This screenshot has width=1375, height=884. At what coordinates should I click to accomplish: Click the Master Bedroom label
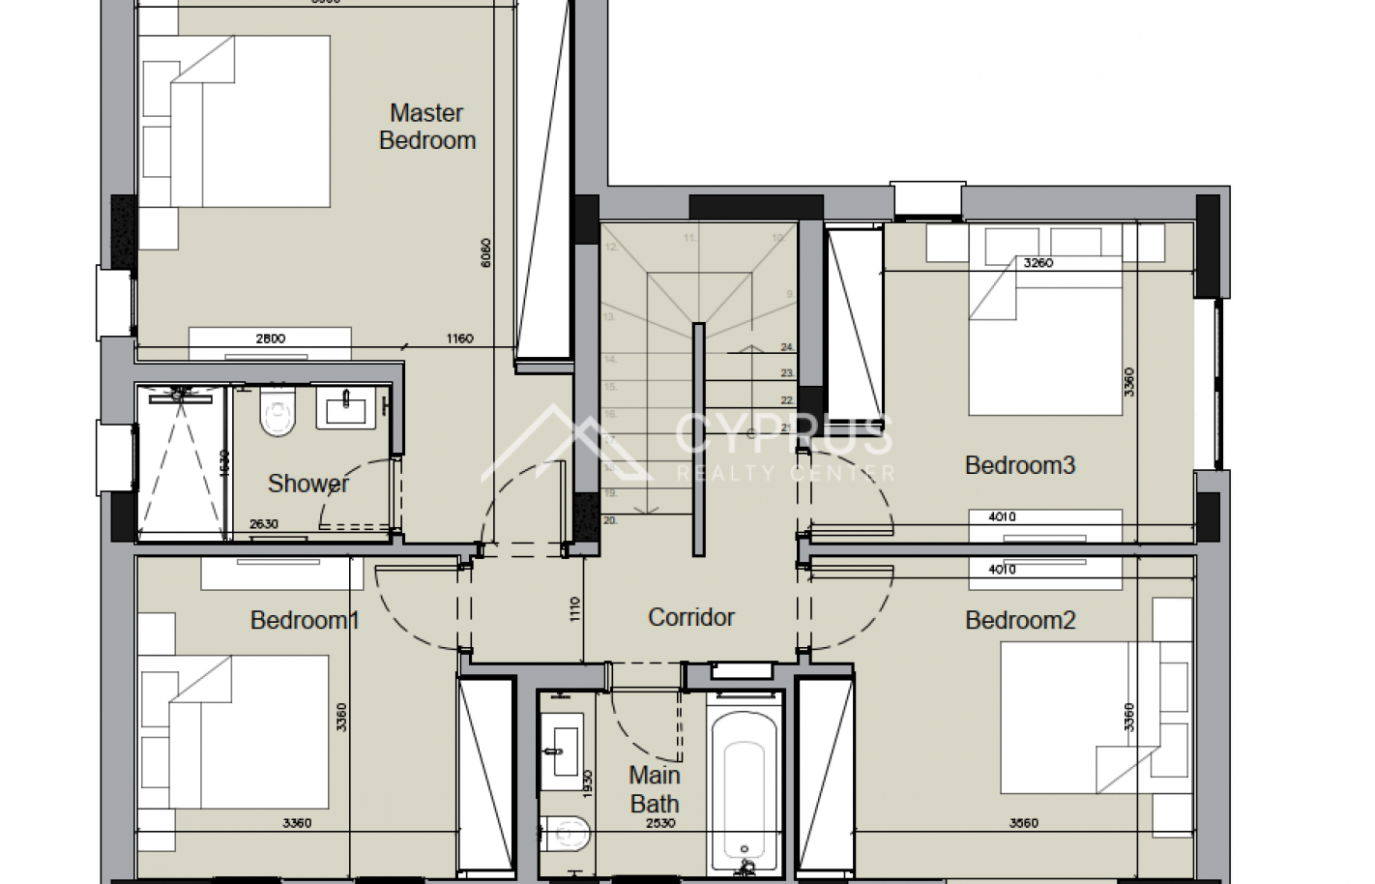point(426,127)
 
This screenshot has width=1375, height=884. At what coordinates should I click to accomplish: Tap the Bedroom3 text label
point(1019,465)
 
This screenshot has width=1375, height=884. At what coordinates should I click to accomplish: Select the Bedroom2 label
point(1019,620)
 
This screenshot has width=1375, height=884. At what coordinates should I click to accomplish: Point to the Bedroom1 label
point(304,620)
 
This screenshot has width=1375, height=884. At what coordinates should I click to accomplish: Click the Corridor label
point(690,617)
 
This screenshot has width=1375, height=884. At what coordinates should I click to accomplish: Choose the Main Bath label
point(655,789)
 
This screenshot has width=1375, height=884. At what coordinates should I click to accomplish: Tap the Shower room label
point(307,483)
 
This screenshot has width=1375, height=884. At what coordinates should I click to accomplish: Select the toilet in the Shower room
point(276,417)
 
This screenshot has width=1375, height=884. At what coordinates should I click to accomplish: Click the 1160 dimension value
point(459,339)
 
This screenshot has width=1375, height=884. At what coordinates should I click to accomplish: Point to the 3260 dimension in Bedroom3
point(1038,262)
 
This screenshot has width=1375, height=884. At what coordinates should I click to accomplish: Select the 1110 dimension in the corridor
point(574,608)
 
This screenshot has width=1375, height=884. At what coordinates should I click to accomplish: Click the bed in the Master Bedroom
point(237,121)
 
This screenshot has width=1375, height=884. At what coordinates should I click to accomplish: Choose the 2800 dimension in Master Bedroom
point(270,339)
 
